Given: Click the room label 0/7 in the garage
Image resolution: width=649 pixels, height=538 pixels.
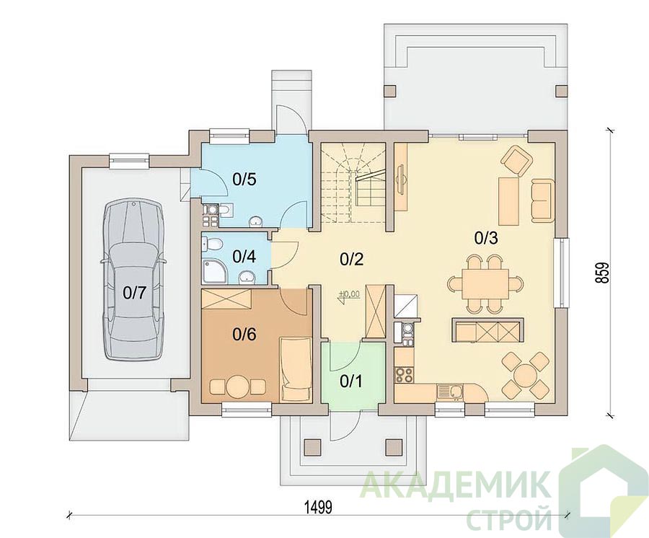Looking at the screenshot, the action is click(135, 293).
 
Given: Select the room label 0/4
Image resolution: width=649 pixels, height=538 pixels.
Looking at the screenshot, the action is click(244, 257).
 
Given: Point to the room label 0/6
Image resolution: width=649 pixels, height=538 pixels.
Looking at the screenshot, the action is click(244, 335).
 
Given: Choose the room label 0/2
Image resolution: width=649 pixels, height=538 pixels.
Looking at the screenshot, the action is click(351, 260).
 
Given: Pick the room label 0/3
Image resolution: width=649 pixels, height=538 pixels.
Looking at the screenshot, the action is click(485, 239).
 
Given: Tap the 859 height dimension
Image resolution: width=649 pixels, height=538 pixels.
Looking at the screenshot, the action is click(603, 273).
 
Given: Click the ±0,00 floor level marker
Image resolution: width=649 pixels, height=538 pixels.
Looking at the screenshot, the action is click(349, 294).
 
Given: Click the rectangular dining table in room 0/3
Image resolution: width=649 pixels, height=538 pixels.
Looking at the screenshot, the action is click(485, 283).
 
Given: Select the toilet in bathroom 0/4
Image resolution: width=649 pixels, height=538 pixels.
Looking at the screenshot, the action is click(211, 243).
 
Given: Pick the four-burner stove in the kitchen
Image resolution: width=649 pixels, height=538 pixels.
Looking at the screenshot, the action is click(404, 374).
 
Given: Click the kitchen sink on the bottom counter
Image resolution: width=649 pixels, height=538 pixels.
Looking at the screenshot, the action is click(449, 391).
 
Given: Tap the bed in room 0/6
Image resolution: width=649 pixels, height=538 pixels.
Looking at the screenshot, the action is click(296, 369).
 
